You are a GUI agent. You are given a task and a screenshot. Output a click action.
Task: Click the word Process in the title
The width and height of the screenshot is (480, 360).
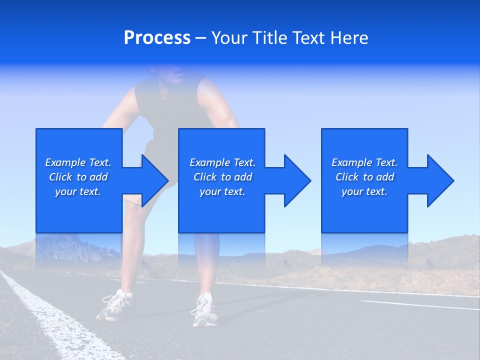(157, 38)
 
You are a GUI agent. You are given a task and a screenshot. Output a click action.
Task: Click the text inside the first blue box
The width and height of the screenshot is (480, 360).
(78, 177)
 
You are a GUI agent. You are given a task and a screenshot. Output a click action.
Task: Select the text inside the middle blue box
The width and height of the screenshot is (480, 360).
(222, 177)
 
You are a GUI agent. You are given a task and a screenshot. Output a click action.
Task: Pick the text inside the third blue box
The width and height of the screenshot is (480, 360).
(364, 177)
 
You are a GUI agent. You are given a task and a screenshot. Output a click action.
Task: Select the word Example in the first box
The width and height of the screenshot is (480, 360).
(65, 162)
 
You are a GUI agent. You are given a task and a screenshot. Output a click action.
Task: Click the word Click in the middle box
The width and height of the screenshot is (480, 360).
(204, 177)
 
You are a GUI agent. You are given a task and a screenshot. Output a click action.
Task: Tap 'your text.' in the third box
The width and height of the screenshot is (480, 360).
(364, 191)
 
